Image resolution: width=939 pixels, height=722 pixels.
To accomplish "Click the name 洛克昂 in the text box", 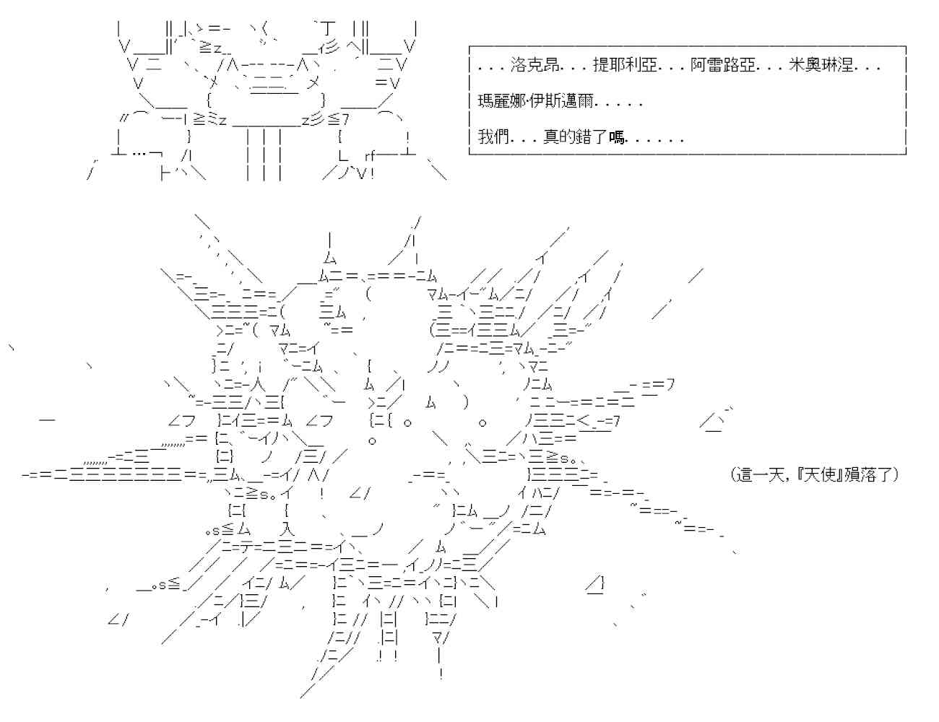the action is coord(534,66).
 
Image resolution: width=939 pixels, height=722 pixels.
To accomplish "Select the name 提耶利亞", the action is coord(625,66).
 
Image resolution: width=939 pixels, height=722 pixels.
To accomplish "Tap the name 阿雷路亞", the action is coord(723,66).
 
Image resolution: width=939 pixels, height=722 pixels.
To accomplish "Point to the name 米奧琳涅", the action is coord(821,66).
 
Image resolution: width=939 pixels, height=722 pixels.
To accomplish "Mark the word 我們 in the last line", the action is coord(493,137).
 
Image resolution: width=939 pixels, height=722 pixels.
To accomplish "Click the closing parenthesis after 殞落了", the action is coord(895,475).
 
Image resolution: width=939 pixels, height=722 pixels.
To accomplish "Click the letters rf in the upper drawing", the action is coord(370,155).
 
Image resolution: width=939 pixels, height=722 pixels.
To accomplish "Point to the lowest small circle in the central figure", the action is coord(371,440).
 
